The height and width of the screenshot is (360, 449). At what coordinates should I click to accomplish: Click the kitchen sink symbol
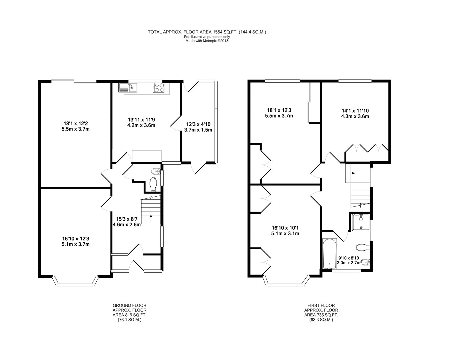click(128, 88)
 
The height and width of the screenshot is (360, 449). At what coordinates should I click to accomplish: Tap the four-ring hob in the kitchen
click(159, 88)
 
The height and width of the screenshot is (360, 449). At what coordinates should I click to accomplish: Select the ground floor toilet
click(153, 184)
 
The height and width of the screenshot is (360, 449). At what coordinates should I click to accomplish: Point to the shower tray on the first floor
click(361, 222)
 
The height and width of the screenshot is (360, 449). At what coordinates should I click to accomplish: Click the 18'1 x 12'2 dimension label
click(75, 126)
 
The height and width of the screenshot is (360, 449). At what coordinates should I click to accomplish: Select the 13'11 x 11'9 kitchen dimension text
click(141, 122)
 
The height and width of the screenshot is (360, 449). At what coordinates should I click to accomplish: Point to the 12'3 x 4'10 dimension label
click(198, 127)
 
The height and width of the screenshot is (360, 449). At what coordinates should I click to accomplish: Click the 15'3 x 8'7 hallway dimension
click(127, 222)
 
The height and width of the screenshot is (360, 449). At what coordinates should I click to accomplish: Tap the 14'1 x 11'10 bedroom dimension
click(355, 113)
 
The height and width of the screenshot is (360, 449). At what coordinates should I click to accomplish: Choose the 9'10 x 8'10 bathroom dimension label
click(348, 260)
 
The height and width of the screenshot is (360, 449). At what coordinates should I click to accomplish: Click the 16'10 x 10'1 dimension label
click(285, 231)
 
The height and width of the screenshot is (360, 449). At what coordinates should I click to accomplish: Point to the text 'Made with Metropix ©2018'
click(207, 41)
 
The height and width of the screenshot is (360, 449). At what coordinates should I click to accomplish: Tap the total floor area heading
click(207, 32)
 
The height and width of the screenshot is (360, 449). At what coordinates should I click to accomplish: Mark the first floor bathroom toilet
click(363, 247)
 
